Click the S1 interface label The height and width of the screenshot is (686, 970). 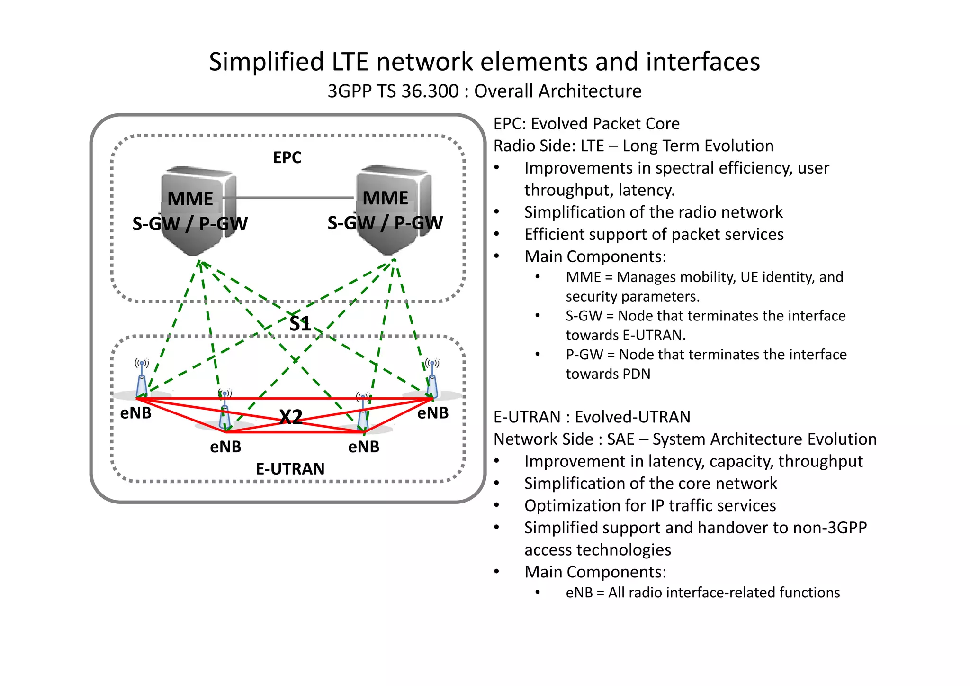click(300, 324)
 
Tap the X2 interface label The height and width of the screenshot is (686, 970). click(291, 417)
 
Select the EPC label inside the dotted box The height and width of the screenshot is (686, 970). click(287, 157)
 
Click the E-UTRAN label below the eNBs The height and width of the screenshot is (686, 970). click(290, 469)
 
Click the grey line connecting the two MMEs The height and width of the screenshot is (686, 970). click(294, 198)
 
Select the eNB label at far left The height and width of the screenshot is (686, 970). click(135, 413)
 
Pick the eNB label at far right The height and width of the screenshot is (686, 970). click(432, 413)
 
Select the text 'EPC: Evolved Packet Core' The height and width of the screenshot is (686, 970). click(586, 124)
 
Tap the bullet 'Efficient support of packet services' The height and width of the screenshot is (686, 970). click(654, 234)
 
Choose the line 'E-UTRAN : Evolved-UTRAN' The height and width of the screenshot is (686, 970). click(592, 417)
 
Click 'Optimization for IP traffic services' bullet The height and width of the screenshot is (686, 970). click(650, 505)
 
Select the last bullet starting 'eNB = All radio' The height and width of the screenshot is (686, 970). click(702, 593)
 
